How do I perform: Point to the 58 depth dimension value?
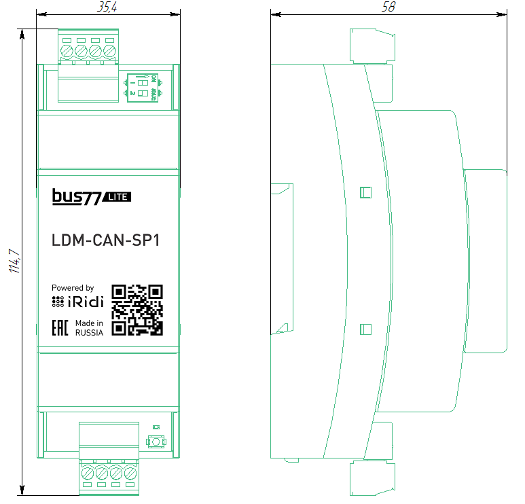coord(388,7)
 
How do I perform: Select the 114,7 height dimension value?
coord(12,262)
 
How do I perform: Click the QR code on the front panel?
coord(137,310)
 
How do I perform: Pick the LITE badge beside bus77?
coord(117,198)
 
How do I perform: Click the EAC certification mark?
coord(60,327)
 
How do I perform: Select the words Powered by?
coord(73,288)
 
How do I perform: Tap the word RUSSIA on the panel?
coord(89,333)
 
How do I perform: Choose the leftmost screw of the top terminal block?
coord(67,50)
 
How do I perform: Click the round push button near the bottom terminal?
coord(156,443)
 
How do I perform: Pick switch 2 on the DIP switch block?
coord(143,93)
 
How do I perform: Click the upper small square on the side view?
coord(365,192)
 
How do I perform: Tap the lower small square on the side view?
coord(365,329)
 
